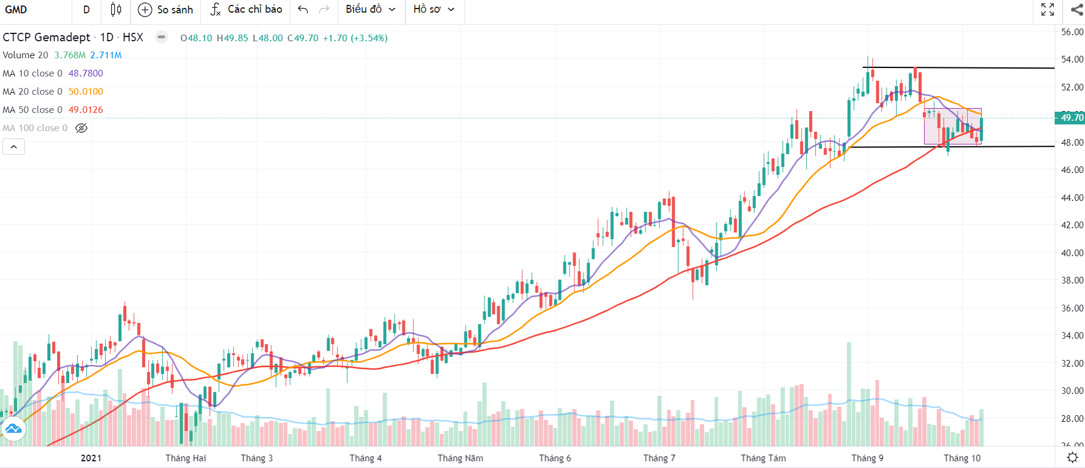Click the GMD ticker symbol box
16,10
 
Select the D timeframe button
86,10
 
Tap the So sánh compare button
166,10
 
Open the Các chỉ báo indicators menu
247,10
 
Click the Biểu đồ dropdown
370,10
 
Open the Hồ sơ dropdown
434,10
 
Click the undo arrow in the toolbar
304,10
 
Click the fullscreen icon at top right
1047,10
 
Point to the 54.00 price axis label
1072,59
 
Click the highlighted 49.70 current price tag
1070,118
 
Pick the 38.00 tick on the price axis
1072,280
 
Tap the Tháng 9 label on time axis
867,458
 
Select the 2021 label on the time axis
91,458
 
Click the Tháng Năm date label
460,458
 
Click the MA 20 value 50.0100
86,92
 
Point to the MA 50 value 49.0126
86,110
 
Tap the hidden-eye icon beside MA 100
81,128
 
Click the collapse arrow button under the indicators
13,147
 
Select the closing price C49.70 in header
303,38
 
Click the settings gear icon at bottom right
1072,457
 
